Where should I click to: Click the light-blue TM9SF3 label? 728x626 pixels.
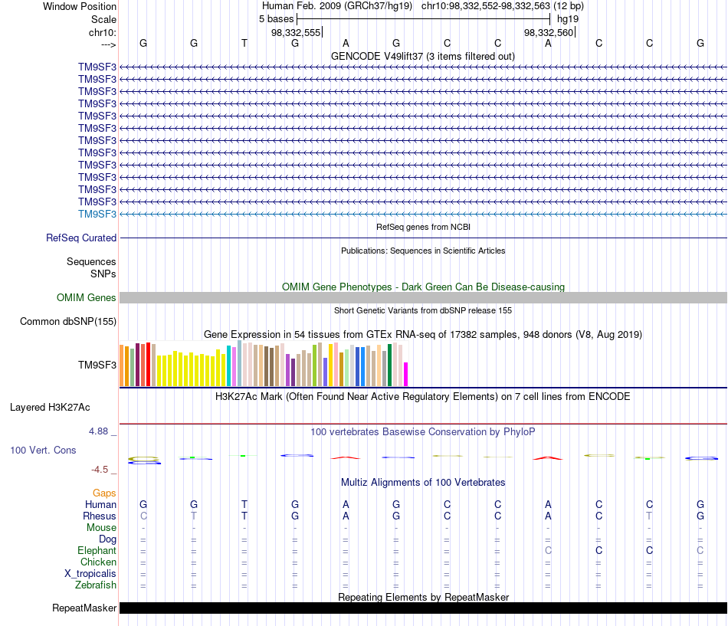pos(97,214)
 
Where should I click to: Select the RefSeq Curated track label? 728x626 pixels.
pos(81,238)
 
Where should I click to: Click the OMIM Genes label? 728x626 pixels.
pos(87,297)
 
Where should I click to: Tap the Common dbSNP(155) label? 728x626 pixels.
pos(68,321)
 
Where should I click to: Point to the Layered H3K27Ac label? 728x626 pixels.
pos(50,408)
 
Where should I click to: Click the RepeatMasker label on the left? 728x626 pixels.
pos(84,608)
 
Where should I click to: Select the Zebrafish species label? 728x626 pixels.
pos(96,585)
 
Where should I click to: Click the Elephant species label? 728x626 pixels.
pos(97,551)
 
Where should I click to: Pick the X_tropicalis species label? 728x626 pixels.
pos(90,574)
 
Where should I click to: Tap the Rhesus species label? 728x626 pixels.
pos(100,516)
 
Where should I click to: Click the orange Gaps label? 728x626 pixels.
pos(104,493)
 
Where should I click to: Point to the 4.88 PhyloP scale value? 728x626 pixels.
pos(98,431)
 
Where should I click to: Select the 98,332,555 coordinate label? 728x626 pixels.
pos(296,32)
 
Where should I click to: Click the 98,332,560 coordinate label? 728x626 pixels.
pos(549,32)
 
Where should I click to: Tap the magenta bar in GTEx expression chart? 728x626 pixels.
pos(406,375)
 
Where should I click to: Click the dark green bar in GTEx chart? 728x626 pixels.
pos(389,365)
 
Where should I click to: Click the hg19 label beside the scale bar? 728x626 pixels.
pos(568,19)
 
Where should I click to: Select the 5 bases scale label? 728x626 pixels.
pos(276,19)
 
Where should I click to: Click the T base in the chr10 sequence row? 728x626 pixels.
pos(244,43)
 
